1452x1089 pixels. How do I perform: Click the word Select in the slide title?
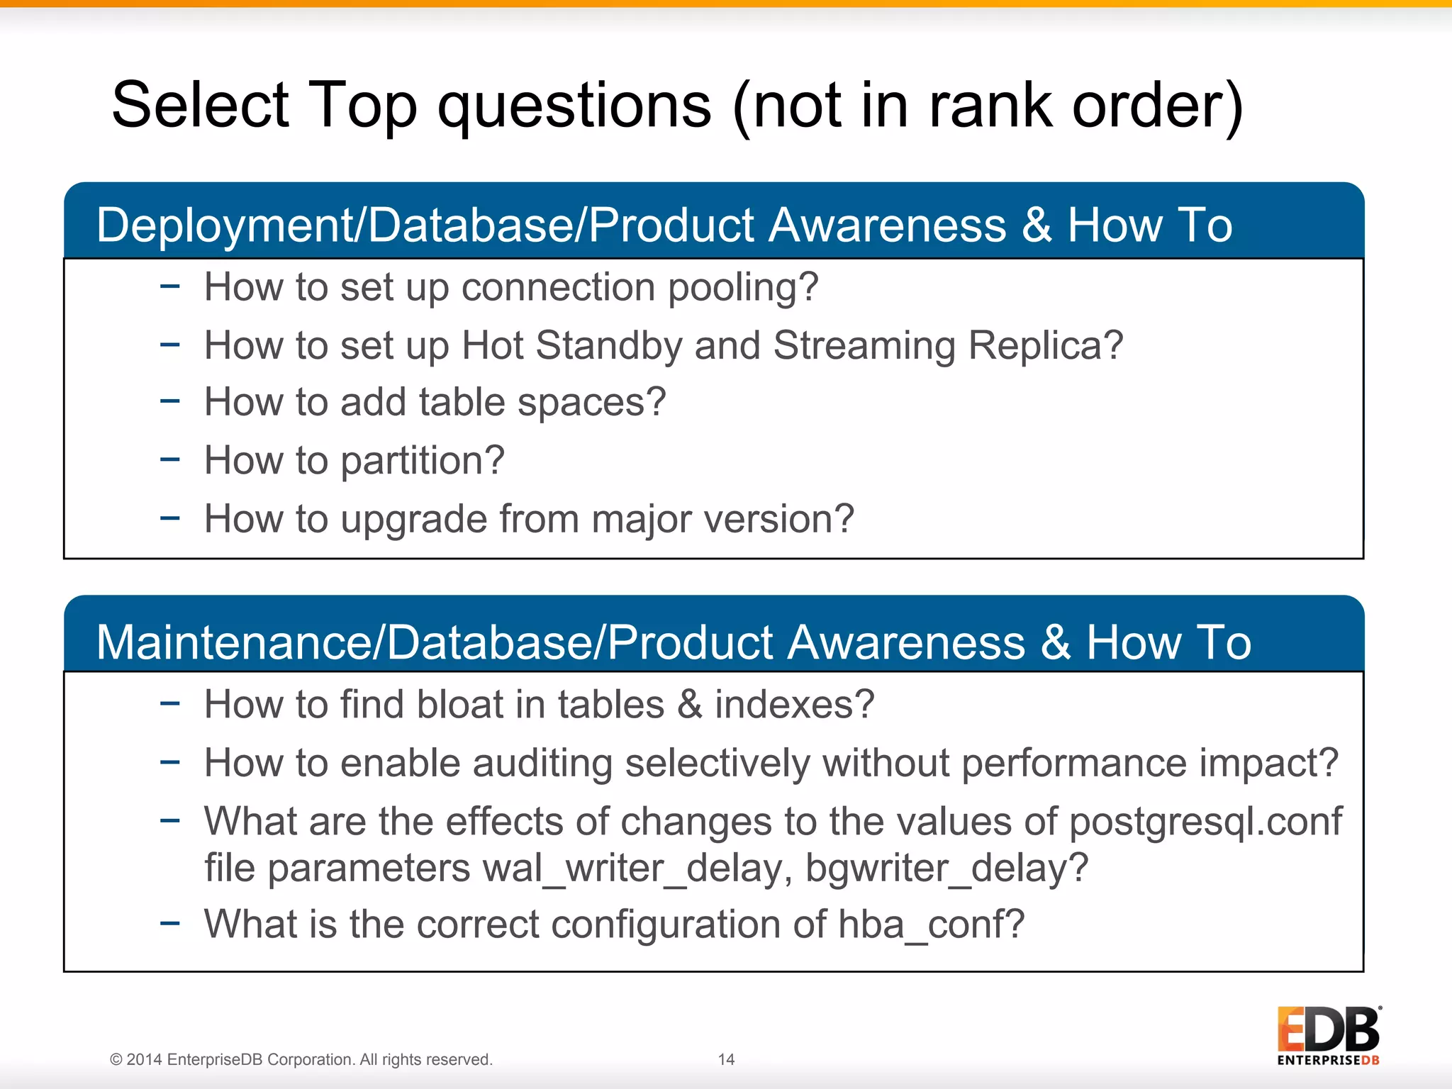pos(201,106)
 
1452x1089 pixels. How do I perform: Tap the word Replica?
pos(1045,346)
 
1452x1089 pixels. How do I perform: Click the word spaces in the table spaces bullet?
pos(591,403)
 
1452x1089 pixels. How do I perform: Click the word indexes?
pos(793,705)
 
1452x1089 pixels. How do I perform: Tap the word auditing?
pos(542,764)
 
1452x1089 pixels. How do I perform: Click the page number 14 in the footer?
pos(726,1059)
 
